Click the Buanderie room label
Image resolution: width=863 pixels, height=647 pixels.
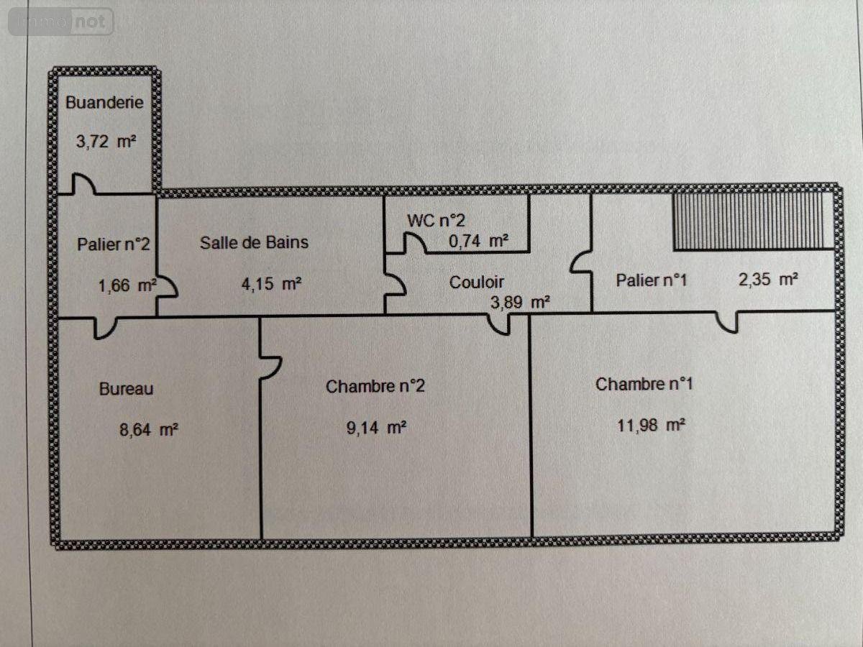[x=104, y=102]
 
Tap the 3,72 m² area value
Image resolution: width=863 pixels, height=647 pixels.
[x=106, y=142]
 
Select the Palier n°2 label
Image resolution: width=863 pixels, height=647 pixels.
[x=114, y=244]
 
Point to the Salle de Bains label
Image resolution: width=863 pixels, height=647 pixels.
[x=254, y=242]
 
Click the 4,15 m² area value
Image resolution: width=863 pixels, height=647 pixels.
[x=271, y=284]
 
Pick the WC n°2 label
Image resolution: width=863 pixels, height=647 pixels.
[x=431, y=221]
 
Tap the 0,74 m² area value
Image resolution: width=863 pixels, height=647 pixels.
[x=478, y=242]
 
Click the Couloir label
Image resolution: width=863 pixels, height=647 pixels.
[x=477, y=283]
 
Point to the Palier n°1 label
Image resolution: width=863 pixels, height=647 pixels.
[x=651, y=280]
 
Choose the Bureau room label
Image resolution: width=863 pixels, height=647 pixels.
[x=126, y=389]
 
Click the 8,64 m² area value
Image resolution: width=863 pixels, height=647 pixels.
[x=148, y=431]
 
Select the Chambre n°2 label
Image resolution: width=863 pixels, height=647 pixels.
[x=375, y=387]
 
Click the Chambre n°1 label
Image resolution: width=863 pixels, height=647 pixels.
[x=644, y=385]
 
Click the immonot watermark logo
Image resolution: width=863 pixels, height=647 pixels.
[x=61, y=22]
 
